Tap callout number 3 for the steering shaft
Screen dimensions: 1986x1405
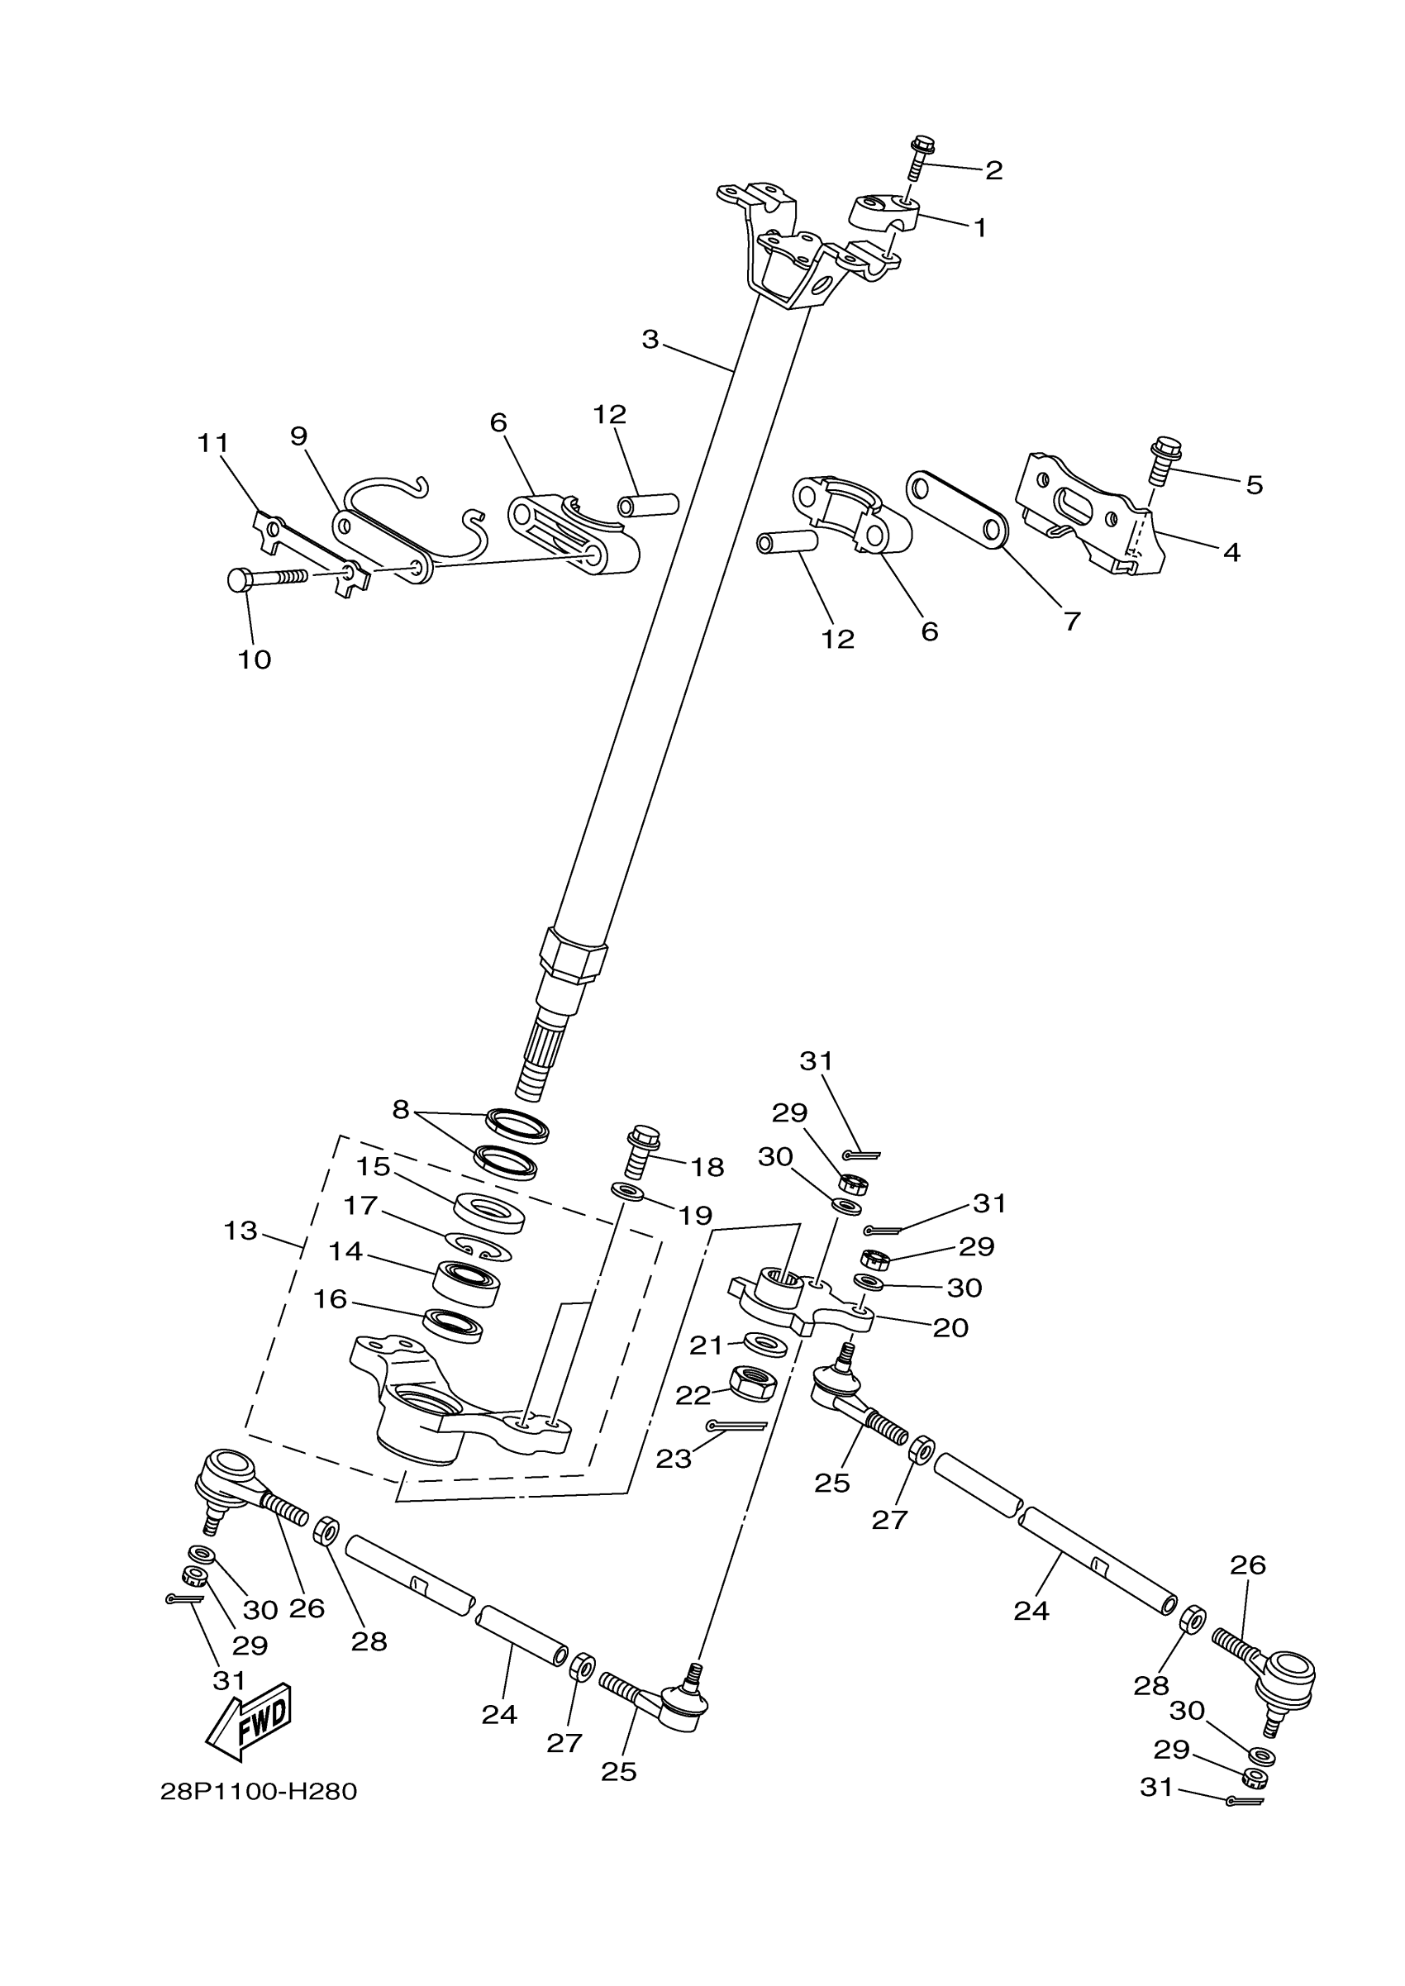[x=650, y=339]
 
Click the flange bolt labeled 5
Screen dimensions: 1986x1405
[x=1164, y=460]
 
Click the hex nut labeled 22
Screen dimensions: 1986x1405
[x=753, y=1384]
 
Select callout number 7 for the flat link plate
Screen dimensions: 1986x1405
[x=1072, y=621]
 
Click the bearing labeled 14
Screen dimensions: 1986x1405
[x=467, y=1284]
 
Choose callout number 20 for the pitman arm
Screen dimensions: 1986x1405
[x=950, y=1328]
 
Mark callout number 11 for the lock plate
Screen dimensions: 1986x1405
[x=213, y=443]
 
